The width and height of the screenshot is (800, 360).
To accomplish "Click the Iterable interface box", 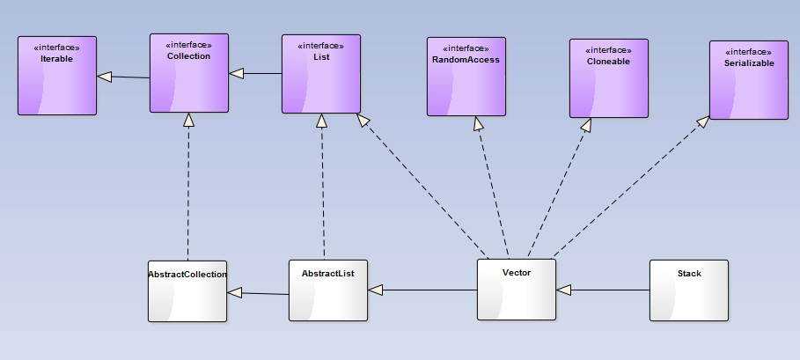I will pyautogui.click(x=57, y=76).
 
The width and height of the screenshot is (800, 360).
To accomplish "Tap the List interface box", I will pyautogui.click(x=321, y=74).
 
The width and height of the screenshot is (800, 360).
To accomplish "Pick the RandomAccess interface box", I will pyautogui.click(x=466, y=77).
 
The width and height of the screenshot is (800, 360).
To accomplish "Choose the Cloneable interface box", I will pyautogui.click(x=608, y=78).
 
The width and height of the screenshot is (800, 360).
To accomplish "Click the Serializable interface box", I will pyautogui.click(x=749, y=80).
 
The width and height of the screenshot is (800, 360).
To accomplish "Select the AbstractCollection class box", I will pyautogui.click(x=187, y=290).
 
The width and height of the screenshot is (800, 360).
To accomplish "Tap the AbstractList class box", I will pyautogui.click(x=328, y=290).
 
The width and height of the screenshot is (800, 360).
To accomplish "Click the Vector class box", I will pyautogui.click(x=517, y=289).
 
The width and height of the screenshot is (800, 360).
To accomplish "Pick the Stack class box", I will pyautogui.click(x=689, y=290).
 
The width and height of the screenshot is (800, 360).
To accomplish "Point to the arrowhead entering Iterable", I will pyautogui.click(x=104, y=77).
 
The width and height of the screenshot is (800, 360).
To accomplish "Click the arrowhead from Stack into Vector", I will pyautogui.click(x=564, y=290).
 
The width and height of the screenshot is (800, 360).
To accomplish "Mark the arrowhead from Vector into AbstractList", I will pyautogui.click(x=375, y=290).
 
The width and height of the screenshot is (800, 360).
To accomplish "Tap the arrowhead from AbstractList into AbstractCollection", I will pyautogui.click(x=234, y=292).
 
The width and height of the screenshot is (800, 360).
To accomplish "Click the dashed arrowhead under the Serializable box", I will pyautogui.click(x=703, y=122).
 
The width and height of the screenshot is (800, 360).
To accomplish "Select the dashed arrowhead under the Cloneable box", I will pyautogui.click(x=585, y=124).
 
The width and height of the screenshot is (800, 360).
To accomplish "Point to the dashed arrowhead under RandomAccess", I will pyautogui.click(x=478, y=122).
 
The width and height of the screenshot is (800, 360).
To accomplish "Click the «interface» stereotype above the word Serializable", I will pyautogui.click(x=748, y=52).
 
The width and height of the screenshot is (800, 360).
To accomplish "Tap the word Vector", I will pyautogui.click(x=517, y=273).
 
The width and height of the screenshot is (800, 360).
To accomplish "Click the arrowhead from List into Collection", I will pyautogui.click(x=236, y=74).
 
